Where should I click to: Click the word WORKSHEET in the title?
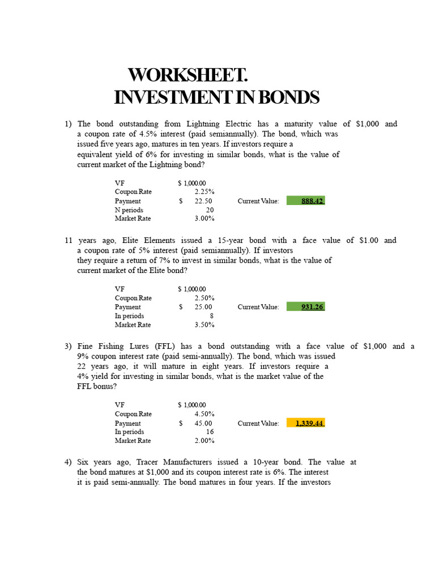(x=188, y=75)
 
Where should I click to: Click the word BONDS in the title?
(x=288, y=97)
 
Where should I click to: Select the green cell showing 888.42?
(x=306, y=201)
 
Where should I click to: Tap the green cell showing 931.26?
(x=306, y=307)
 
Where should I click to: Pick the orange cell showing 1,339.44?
(x=306, y=423)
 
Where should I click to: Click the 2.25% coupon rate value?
(x=204, y=192)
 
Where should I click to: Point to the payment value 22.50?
(x=203, y=201)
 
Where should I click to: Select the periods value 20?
(x=210, y=210)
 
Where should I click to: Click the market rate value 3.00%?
(x=204, y=219)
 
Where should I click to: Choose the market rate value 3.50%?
(x=204, y=325)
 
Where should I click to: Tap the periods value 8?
(x=211, y=316)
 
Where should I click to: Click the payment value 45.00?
(x=203, y=423)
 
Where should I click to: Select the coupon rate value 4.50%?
(x=204, y=414)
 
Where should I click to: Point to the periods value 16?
(x=210, y=432)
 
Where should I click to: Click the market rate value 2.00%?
(x=204, y=441)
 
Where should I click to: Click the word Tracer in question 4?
(x=149, y=462)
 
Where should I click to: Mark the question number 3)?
(x=68, y=346)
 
